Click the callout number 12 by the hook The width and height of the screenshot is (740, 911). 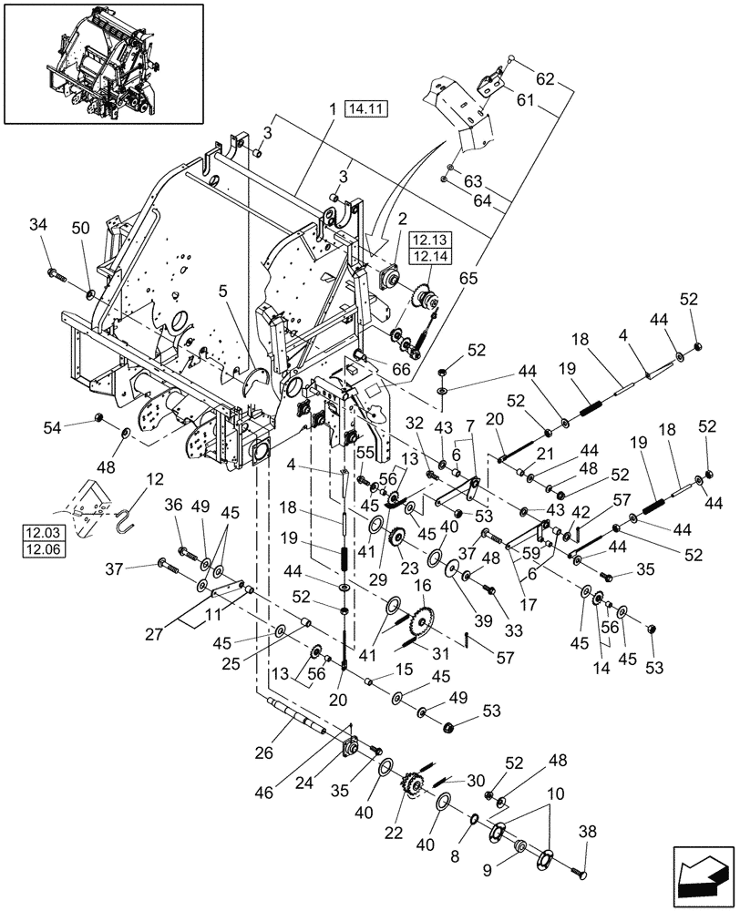click(x=150, y=477)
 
